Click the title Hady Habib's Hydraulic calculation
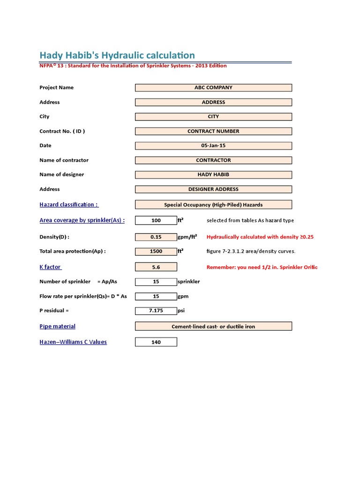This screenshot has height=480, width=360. point(117,55)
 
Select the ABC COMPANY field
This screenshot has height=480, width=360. point(213,88)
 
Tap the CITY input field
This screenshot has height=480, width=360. point(213,117)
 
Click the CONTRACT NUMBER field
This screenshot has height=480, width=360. point(213,131)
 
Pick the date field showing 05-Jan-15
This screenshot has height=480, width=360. point(213,146)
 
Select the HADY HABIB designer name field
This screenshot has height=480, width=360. point(213,175)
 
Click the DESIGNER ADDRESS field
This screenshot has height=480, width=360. point(213,189)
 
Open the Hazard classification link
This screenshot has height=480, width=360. point(69,204)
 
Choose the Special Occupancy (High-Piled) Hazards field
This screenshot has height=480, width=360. point(213,205)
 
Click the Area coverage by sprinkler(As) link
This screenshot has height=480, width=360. point(82,220)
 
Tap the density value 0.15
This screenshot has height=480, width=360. point(156,237)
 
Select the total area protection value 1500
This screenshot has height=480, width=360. point(156,251)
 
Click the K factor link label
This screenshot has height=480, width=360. point(50,267)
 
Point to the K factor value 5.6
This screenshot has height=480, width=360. point(156,267)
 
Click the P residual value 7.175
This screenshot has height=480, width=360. point(156,311)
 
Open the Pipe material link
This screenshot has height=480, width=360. point(57,326)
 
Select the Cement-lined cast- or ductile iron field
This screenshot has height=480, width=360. point(213,326)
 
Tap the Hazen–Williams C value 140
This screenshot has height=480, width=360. point(156,342)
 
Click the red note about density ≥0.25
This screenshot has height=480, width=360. point(260,237)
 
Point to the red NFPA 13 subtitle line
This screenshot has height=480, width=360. point(133,66)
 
